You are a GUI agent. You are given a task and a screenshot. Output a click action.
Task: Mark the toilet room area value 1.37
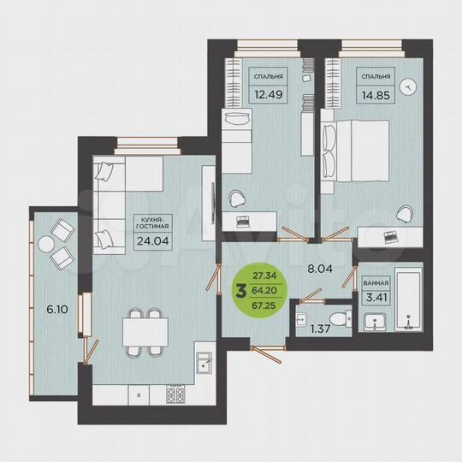point(320,329)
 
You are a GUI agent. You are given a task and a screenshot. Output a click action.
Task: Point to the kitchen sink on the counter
point(203,360)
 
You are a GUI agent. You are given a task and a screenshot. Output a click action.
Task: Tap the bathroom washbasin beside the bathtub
point(375,321)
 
